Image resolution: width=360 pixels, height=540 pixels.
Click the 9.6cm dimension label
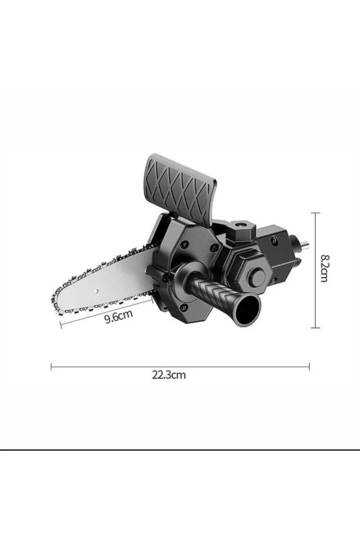(119, 316)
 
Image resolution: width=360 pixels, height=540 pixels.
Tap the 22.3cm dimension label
(169, 375)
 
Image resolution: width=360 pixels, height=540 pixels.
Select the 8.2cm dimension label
(324, 268)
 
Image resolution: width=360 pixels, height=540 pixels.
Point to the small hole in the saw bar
(97, 291)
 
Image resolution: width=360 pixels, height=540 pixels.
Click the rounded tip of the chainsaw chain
(55, 303)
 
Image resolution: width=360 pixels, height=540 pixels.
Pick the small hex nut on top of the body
(242, 230)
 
